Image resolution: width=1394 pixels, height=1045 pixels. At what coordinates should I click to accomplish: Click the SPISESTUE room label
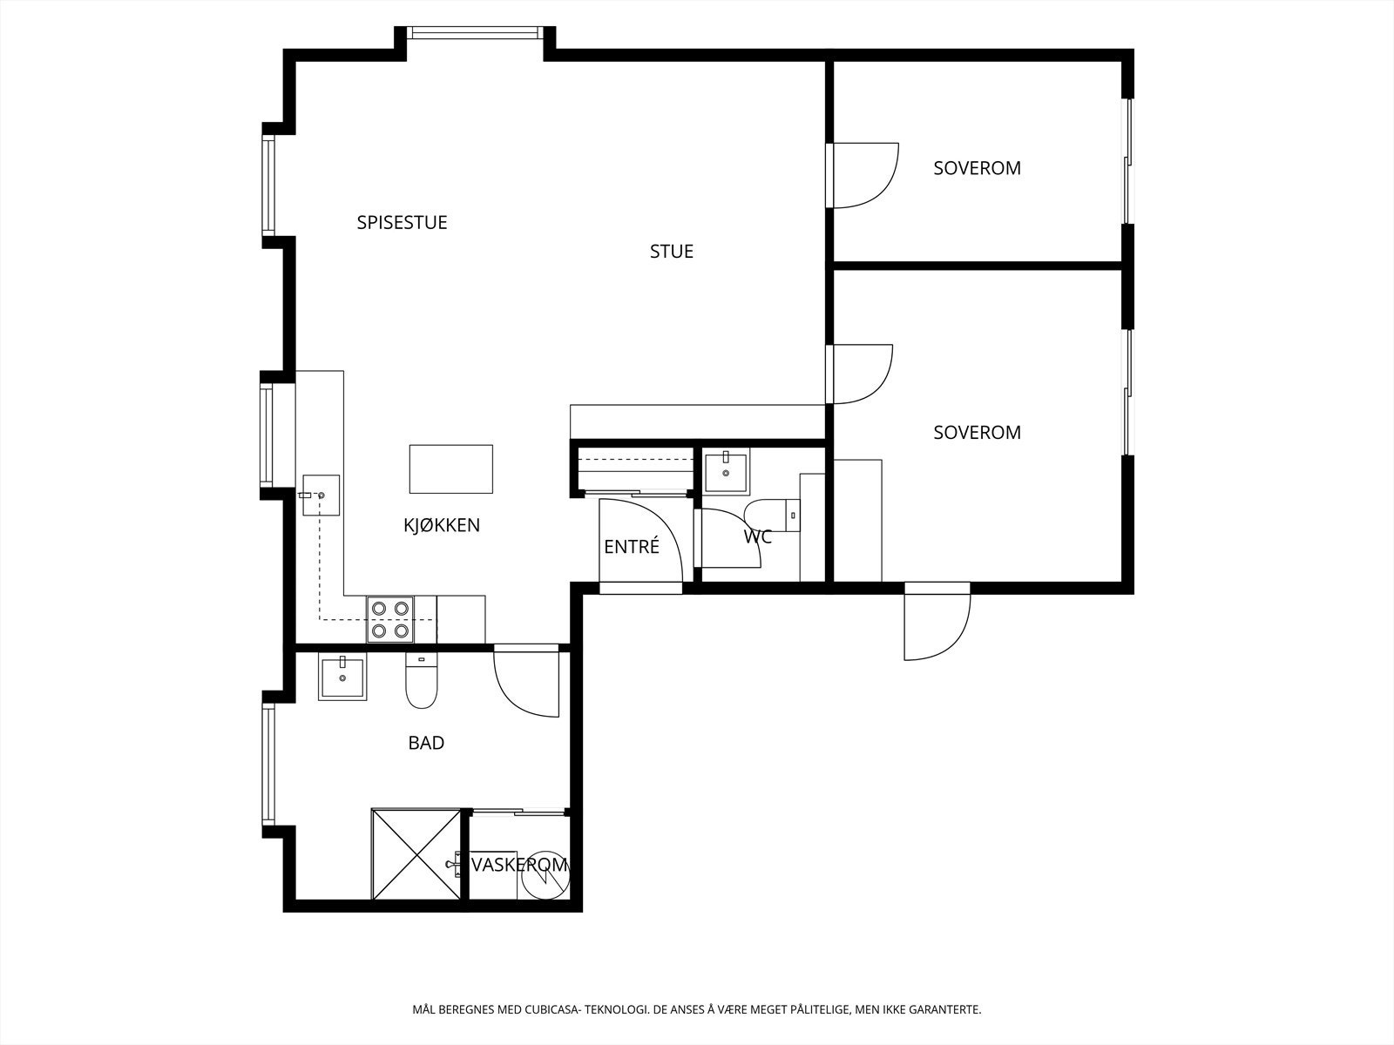click(402, 223)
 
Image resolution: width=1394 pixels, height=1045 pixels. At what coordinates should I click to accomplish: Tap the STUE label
click(671, 252)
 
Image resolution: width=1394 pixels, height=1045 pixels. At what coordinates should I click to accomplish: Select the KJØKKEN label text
click(442, 525)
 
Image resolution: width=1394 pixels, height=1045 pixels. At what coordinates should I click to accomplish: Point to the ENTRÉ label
click(632, 546)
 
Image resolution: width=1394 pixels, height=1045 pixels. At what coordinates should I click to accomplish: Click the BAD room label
click(426, 743)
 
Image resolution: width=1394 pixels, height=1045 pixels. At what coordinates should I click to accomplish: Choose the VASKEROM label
click(519, 865)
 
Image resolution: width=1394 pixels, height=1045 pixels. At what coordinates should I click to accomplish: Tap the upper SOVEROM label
click(977, 168)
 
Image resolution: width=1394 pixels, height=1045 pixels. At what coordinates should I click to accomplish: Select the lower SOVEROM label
click(977, 433)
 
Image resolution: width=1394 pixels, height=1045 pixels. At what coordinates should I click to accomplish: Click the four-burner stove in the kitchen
click(390, 619)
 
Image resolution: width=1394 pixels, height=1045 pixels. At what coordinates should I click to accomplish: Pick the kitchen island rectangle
click(451, 469)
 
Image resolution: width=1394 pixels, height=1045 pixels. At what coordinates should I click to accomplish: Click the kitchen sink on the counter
click(321, 495)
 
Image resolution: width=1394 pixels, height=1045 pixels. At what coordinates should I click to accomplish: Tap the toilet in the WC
click(772, 516)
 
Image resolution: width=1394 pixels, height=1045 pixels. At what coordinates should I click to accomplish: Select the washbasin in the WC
click(727, 470)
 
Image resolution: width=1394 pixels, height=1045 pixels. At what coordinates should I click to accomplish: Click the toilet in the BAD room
click(421, 682)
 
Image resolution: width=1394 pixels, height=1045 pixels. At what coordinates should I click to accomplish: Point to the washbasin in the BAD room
click(342, 678)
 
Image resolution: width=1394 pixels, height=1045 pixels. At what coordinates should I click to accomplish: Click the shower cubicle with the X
click(416, 854)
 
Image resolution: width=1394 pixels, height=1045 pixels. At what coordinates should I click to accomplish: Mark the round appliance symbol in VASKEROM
click(545, 875)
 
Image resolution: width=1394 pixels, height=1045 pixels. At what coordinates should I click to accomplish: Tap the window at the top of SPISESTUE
click(475, 32)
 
